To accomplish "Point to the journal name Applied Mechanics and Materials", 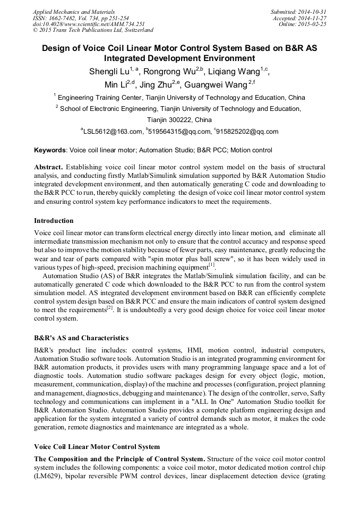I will tap(73, 11).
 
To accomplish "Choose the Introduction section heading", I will tap(54, 220).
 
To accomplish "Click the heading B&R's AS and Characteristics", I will tap(81, 338).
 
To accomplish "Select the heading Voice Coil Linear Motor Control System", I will tap(97, 446).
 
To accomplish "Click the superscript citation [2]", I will tap(110, 308).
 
